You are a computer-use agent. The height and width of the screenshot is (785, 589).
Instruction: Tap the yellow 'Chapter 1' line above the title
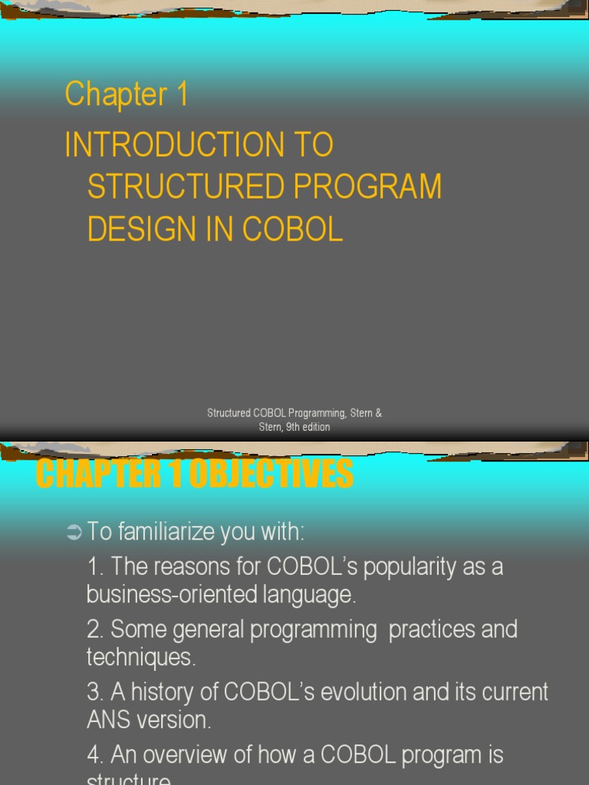coord(127,95)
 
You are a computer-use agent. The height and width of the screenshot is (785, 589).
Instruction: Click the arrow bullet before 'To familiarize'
coord(74,532)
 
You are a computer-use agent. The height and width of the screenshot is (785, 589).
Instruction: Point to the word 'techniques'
coord(140,657)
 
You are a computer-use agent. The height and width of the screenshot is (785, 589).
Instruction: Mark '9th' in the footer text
coord(293,427)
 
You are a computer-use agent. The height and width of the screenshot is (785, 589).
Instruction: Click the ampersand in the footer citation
coord(378,413)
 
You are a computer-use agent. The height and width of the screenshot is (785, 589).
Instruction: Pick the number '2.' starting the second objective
coord(96,629)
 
